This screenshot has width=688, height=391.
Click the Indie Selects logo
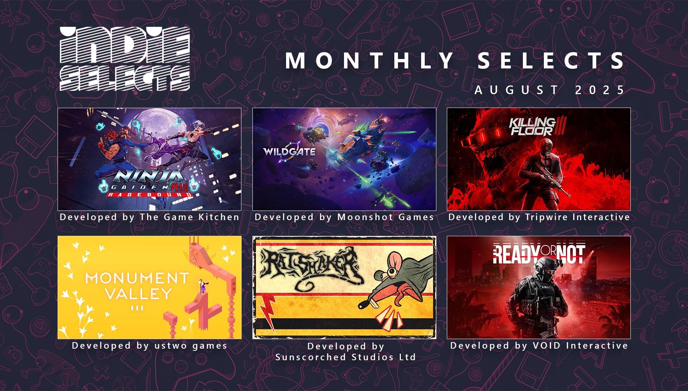tap(125, 59)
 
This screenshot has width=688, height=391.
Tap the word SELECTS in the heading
tap(551, 60)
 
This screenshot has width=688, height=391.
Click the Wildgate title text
tap(289, 151)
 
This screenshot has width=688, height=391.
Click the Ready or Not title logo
tap(539, 254)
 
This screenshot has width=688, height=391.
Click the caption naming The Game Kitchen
tap(150, 217)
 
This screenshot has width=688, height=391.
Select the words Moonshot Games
tap(386, 217)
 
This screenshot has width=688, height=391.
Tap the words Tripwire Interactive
tap(578, 217)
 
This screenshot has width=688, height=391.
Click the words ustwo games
tap(191, 345)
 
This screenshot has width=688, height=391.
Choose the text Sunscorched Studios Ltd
tap(345, 357)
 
